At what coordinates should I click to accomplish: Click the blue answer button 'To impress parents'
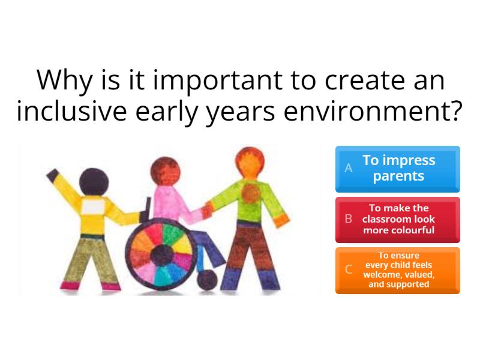tap(398, 168)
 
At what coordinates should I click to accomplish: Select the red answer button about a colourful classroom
tap(398, 219)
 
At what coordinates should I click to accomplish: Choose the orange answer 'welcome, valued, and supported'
tap(398, 270)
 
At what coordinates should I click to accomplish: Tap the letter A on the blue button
tap(349, 169)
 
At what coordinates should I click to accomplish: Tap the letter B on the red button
tap(349, 219)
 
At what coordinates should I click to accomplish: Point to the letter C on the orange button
tap(349, 270)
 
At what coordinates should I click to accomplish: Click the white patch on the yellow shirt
tap(94, 207)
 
